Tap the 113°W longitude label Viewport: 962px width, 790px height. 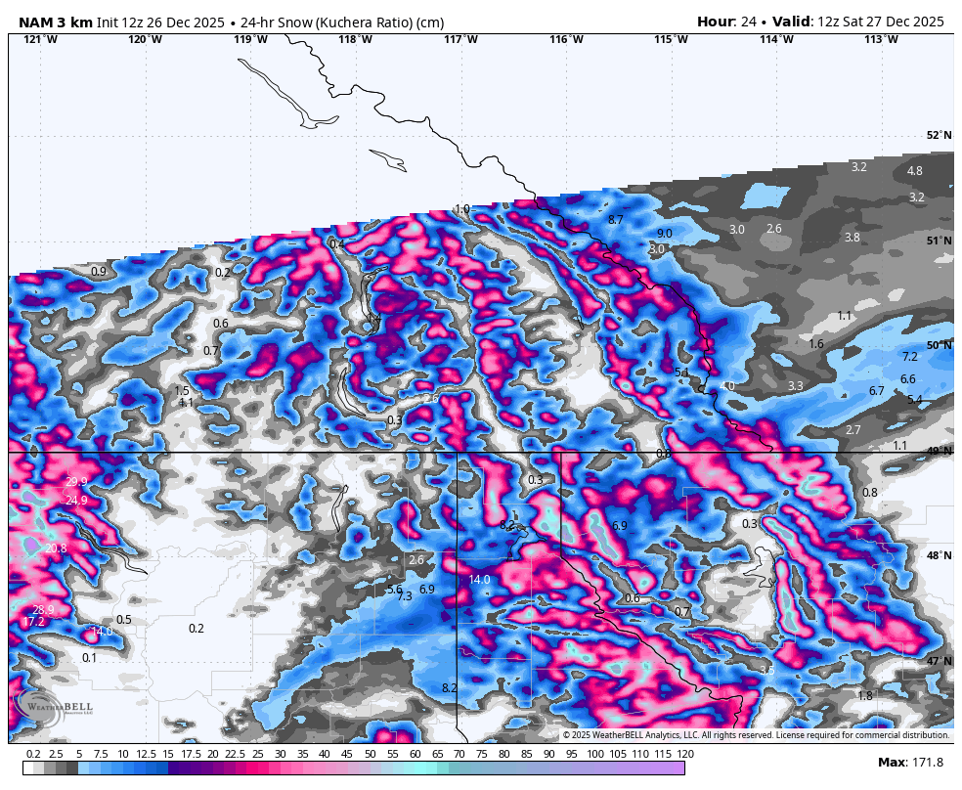point(881,39)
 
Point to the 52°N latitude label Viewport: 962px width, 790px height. point(939,136)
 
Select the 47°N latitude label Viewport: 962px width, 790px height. point(939,662)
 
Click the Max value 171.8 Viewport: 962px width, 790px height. point(924,763)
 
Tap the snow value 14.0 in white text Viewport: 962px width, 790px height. point(479,580)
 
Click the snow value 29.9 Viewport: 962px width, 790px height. point(76,482)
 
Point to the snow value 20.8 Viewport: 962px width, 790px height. point(56,549)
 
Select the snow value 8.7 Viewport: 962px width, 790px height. point(615,220)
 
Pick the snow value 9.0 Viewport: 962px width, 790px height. point(664,234)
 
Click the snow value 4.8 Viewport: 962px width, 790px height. point(914,171)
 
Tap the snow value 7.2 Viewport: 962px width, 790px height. point(909,357)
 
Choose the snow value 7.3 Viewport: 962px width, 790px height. point(405,596)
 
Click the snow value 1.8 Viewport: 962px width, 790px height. point(864,696)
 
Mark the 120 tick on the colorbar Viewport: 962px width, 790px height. point(685,754)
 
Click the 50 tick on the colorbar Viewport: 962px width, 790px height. point(371,754)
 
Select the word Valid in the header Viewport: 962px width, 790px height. point(791,22)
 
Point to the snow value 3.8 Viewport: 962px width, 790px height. point(852,238)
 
